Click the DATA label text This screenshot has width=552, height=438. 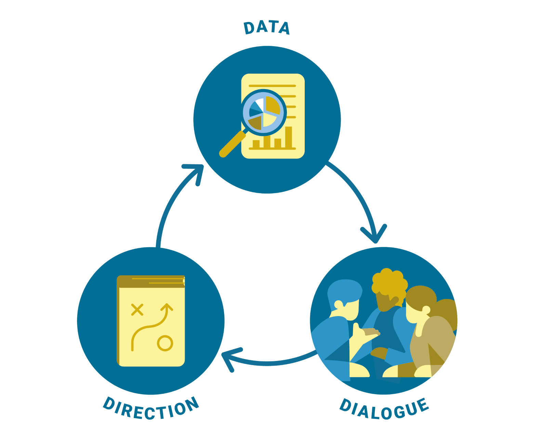[266, 28]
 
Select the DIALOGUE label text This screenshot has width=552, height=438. [384, 409]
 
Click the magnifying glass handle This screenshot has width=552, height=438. [232, 144]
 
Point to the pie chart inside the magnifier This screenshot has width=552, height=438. [263, 112]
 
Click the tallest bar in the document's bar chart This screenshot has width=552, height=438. [289, 137]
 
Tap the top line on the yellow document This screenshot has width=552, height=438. [272, 86]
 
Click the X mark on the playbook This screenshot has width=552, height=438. [137, 310]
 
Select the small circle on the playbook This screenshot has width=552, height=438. [165, 343]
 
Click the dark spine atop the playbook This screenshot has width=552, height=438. [150, 281]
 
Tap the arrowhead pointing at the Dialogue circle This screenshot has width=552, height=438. [374, 235]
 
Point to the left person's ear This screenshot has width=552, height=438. [339, 304]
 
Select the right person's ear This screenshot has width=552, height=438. [426, 310]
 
